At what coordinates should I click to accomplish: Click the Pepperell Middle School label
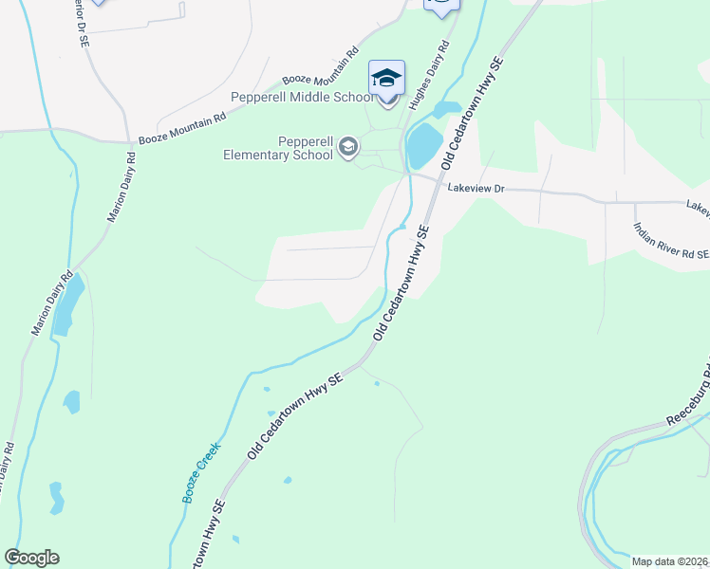pos(302,97)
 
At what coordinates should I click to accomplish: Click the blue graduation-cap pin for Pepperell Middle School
pos(386,78)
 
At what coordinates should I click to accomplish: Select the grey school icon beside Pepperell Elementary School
pos(348,145)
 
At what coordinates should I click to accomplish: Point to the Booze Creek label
pos(201,471)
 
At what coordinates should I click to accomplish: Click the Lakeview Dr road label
pos(477,190)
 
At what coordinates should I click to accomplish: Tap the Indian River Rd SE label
pos(671,241)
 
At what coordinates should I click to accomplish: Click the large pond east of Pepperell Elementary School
pos(423,145)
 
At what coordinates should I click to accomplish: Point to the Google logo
pos(31,558)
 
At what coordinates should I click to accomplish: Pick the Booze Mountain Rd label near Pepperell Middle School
pos(321,68)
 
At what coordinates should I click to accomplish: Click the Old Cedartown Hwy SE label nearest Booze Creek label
pos(294,417)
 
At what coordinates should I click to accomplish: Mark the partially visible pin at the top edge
pos(441,6)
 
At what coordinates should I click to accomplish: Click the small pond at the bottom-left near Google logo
pos(56,498)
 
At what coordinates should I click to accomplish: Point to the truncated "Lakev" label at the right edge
pos(698,205)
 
